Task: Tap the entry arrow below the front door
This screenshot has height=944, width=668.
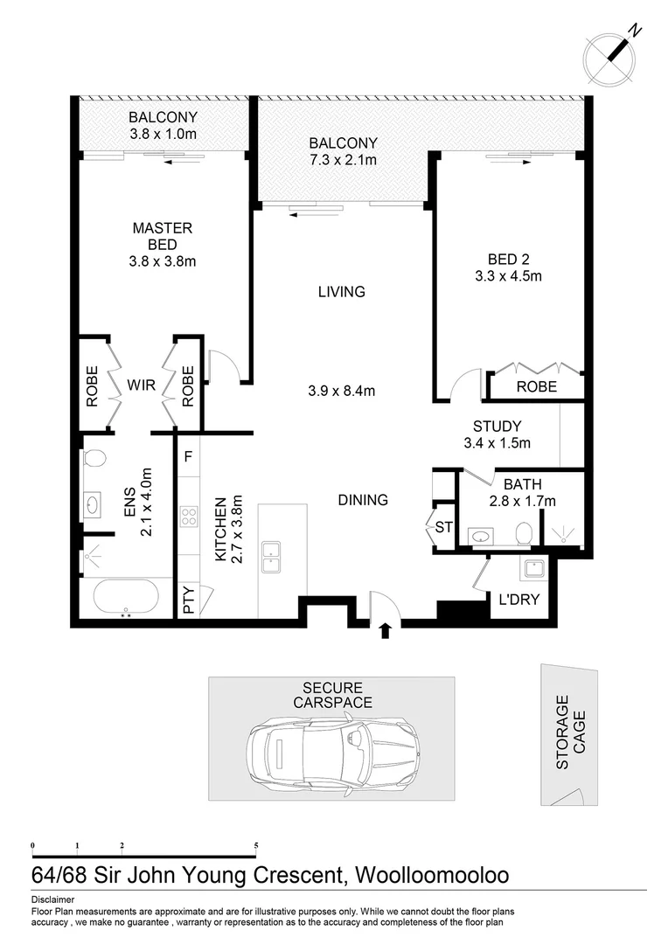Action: point(385,630)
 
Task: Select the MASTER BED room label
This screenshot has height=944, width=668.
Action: point(162,236)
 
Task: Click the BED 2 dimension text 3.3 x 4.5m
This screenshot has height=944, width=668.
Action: point(504,276)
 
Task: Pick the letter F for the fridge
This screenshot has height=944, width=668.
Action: point(188,455)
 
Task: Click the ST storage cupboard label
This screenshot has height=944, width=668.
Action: point(443,528)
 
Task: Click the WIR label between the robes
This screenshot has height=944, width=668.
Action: point(143,385)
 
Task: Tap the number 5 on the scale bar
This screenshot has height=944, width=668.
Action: point(256,845)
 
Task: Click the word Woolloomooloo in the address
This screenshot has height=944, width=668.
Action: point(430,875)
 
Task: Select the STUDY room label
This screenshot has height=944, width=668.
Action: point(498,427)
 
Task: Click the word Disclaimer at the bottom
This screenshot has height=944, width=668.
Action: point(52,899)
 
